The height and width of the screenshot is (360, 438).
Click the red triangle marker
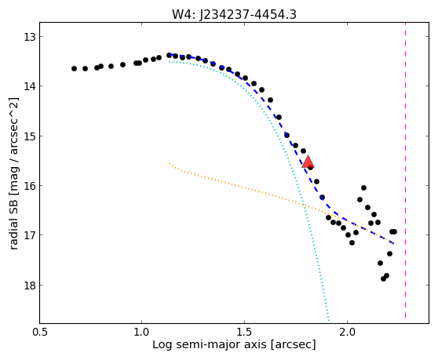pos(308,162)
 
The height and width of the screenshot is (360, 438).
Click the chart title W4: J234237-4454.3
pos(234,14)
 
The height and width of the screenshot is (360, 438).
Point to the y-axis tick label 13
pos(30,37)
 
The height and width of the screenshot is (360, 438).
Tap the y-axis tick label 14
pos(30,86)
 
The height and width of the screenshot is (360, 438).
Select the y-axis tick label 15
pos(30,136)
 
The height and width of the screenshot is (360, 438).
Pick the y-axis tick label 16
pos(30,186)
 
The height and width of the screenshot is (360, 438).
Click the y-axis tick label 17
pos(30,235)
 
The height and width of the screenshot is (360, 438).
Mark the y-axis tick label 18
pos(30,285)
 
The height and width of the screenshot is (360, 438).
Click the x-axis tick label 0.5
pos(40,333)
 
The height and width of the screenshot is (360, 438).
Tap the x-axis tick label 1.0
pos(142,333)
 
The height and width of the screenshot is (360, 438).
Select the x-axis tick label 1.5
pos(244,333)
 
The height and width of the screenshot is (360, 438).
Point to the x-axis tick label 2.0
pos(347,333)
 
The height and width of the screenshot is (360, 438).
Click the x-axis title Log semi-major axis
pos(210,345)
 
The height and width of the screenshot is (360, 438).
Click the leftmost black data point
pos(74,69)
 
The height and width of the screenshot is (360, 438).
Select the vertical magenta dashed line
pos(405,170)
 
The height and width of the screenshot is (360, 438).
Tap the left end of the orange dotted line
pos(170,164)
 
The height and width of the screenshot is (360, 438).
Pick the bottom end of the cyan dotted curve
pos(329,320)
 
